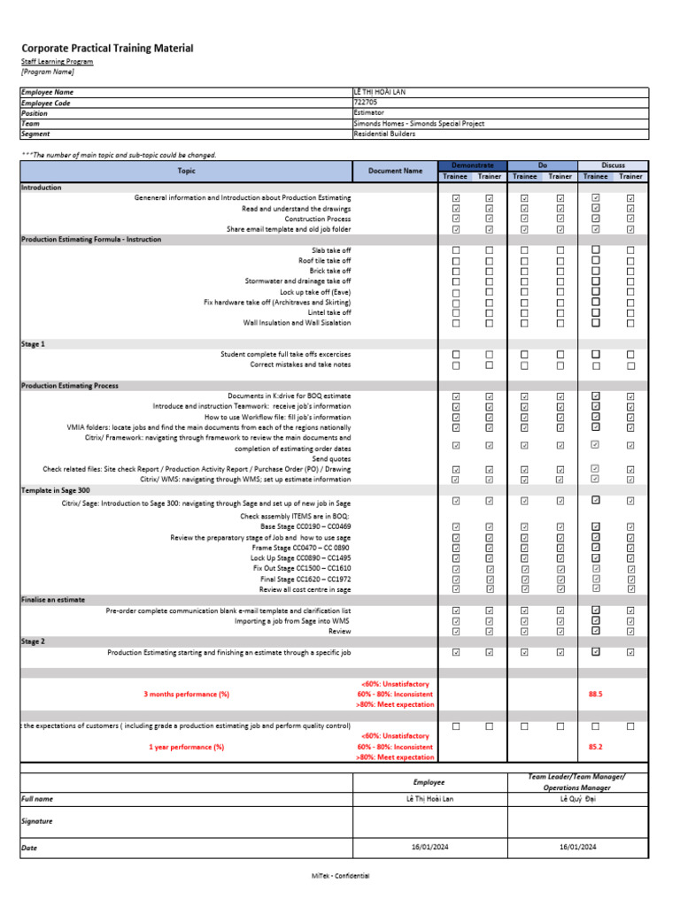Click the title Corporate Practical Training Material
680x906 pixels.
(x=107, y=48)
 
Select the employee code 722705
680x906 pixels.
(x=366, y=103)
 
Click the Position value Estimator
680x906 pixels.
(x=369, y=113)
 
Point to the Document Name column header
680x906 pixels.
(x=395, y=171)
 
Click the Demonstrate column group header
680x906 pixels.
(x=473, y=165)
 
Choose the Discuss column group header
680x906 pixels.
(x=613, y=165)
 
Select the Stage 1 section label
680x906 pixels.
(x=33, y=343)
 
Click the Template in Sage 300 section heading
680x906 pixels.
(x=55, y=489)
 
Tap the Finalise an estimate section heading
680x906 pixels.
(x=53, y=599)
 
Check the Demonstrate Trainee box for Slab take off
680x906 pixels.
(x=456, y=250)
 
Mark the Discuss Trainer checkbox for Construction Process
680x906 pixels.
(x=630, y=219)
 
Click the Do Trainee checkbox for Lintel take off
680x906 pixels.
(x=524, y=312)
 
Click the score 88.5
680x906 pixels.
(x=595, y=695)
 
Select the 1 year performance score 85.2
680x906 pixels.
(x=595, y=747)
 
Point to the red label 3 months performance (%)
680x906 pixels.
(x=186, y=695)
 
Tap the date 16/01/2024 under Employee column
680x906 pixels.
(x=430, y=847)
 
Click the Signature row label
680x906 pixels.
(x=37, y=821)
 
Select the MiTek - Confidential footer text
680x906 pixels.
(x=340, y=875)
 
